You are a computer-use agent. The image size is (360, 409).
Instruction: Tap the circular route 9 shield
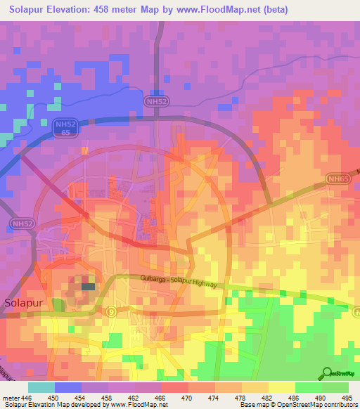(110, 311)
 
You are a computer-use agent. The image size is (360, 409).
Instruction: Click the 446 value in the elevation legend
(27, 398)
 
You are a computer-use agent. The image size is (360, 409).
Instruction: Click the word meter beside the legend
(10, 398)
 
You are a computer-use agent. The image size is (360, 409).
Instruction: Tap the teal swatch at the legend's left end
(41, 387)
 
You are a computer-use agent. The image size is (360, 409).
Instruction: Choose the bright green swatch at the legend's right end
(335, 387)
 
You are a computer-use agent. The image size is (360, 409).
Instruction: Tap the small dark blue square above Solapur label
(88, 286)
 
